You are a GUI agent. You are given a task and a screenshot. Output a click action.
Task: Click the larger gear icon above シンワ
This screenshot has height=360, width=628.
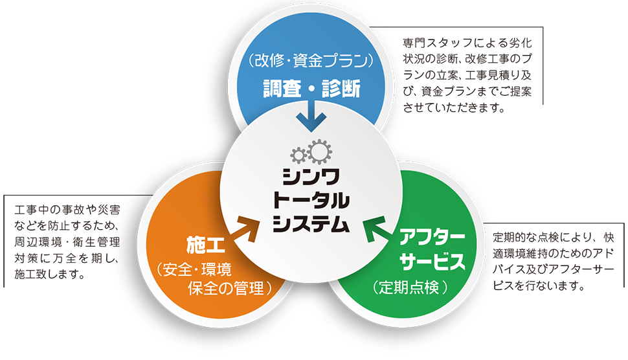(320, 152)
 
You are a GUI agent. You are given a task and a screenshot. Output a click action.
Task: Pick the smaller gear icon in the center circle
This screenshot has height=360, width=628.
(299, 155)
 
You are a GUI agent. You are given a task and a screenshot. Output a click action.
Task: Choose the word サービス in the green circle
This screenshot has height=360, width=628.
(432, 262)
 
